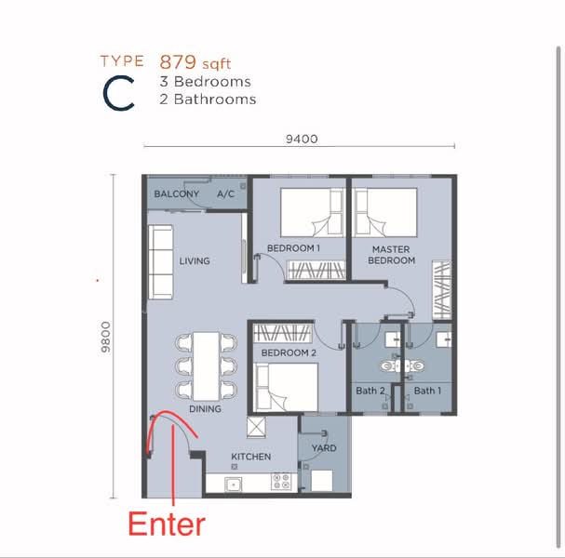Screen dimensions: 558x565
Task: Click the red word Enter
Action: (x=166, y=524)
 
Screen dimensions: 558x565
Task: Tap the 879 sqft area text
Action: (x=195, y=63)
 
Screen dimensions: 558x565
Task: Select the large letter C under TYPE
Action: (x=119, y=94)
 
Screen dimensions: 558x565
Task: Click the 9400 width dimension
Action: (x=303, y=139)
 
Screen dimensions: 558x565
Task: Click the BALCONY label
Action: (x=177, y=194)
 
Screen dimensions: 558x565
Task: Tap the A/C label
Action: (x=226, y=194)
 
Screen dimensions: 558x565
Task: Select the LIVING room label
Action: (x=195, y=261)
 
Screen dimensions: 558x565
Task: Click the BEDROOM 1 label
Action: (x=293, y=248)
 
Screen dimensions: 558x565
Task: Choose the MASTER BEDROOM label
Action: (x=392, y=255)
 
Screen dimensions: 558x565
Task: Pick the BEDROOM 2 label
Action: (x=289, y=354)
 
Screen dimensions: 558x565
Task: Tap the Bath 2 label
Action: (x=370, y=391)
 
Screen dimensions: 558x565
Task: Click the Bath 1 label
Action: (x=428, y=391)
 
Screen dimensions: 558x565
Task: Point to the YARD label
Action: (x=324, y=448)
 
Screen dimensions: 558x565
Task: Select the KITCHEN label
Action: (x=251, y=457)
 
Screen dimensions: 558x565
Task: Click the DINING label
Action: (x=205, y=409)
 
